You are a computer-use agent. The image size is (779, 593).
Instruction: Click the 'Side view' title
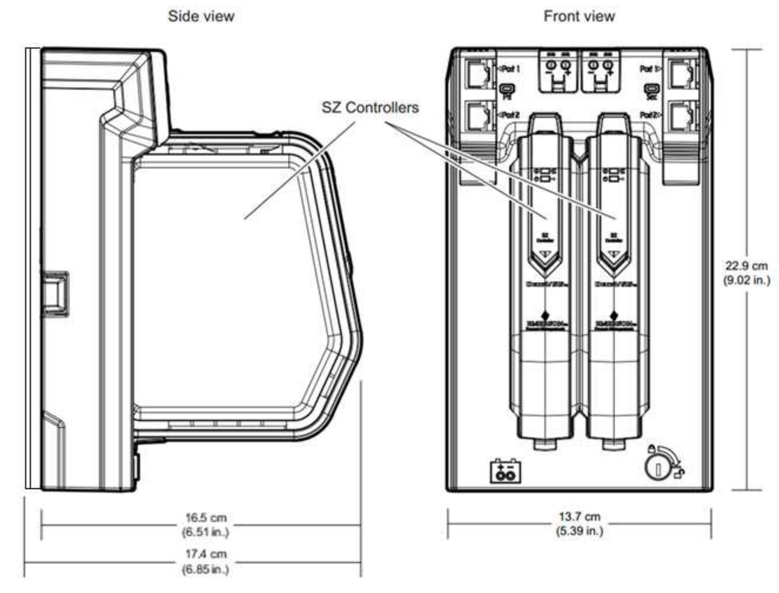(x=201, y=16)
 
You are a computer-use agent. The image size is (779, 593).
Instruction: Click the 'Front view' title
(x=579, y=16)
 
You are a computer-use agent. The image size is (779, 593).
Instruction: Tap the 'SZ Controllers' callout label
(x=370, y=108)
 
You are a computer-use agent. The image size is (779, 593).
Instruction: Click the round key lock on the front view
(x=658, y=469)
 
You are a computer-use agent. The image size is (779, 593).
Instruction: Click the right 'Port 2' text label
(x=649, y=115)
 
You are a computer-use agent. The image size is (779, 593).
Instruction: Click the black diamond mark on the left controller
(x=545, y=315)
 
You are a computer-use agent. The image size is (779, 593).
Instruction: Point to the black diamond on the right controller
(x=614, y=315)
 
